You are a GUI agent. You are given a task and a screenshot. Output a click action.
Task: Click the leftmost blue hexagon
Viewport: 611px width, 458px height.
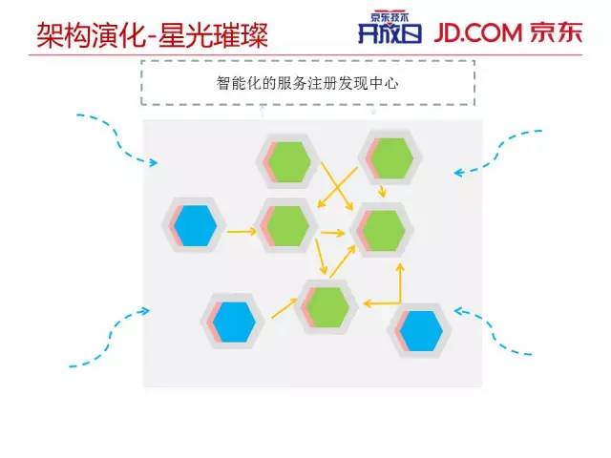196,225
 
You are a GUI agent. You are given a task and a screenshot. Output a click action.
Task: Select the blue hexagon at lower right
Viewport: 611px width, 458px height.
421,329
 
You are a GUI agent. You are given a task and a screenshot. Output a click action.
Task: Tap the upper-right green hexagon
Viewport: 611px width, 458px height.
391,157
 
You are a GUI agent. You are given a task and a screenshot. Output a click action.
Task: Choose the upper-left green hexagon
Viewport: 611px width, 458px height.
289,162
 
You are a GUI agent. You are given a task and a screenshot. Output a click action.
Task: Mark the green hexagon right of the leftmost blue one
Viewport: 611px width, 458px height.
287,226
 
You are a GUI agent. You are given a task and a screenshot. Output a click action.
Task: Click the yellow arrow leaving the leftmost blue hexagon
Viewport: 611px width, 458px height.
242,230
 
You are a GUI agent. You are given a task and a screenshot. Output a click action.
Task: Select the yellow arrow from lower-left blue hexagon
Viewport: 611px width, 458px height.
284,307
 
